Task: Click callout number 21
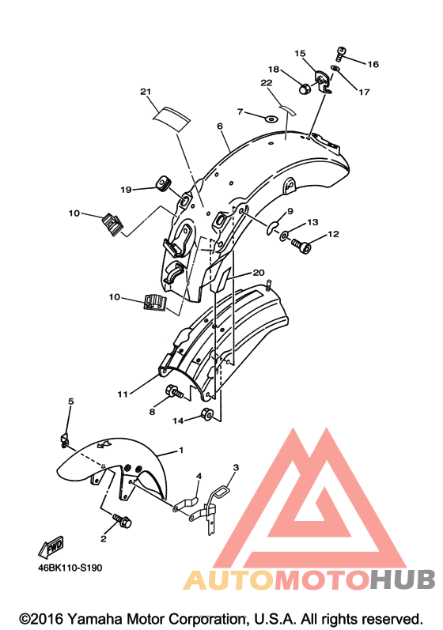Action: (x=146, y=92)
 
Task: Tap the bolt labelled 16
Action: (x=340, y=54)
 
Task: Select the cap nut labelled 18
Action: (x=305, y=88)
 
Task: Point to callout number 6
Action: (x=219, y=126)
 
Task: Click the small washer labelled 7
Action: (x=271, y=119)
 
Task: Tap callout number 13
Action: (x=312, y=222)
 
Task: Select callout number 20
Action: (x=259, y=273)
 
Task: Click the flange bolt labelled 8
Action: (x=175, y=393)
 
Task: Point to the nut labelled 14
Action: (x=207, y=413)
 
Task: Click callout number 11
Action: (x=122, y=394)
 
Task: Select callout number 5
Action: (x=70, y=402)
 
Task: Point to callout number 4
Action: (x=199, y=476)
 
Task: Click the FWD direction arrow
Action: (x=51, y=547)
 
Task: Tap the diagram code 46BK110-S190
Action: (x=70, y=568)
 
